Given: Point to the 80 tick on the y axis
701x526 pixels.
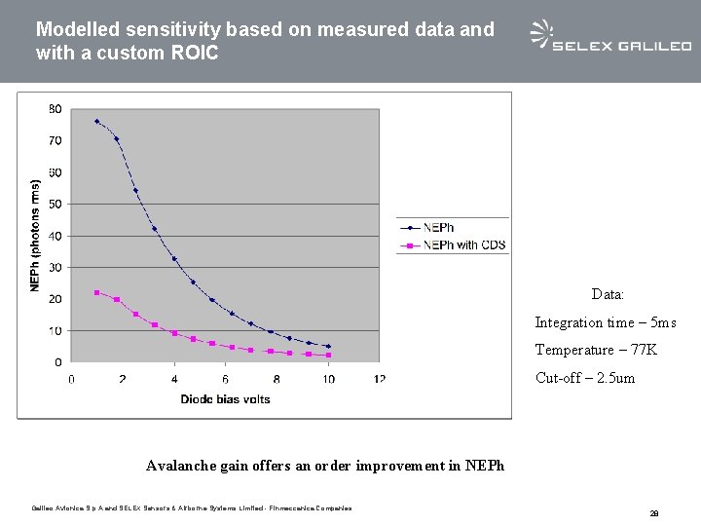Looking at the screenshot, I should (55, 109).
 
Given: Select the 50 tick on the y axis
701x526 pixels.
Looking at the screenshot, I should (55, 204).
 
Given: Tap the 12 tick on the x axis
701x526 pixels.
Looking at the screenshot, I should (380, 378).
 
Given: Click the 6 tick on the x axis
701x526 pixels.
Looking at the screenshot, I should (226, 378).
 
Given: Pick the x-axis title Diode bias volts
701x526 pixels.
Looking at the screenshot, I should (225, 398).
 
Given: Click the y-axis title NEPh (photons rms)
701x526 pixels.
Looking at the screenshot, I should (36, 235).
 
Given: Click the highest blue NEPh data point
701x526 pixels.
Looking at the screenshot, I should (96, 122).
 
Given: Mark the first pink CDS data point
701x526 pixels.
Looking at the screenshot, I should (96, 292).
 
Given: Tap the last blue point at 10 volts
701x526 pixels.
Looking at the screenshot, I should (328, 346).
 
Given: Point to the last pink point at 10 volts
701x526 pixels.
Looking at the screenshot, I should (328, 355).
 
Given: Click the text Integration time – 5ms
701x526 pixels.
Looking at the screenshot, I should (605, 322).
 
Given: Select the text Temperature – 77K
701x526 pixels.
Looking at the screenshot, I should (596, 350).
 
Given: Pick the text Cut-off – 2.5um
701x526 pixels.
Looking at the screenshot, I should (584, 377).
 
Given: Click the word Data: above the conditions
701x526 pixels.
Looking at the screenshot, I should (608, 293).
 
